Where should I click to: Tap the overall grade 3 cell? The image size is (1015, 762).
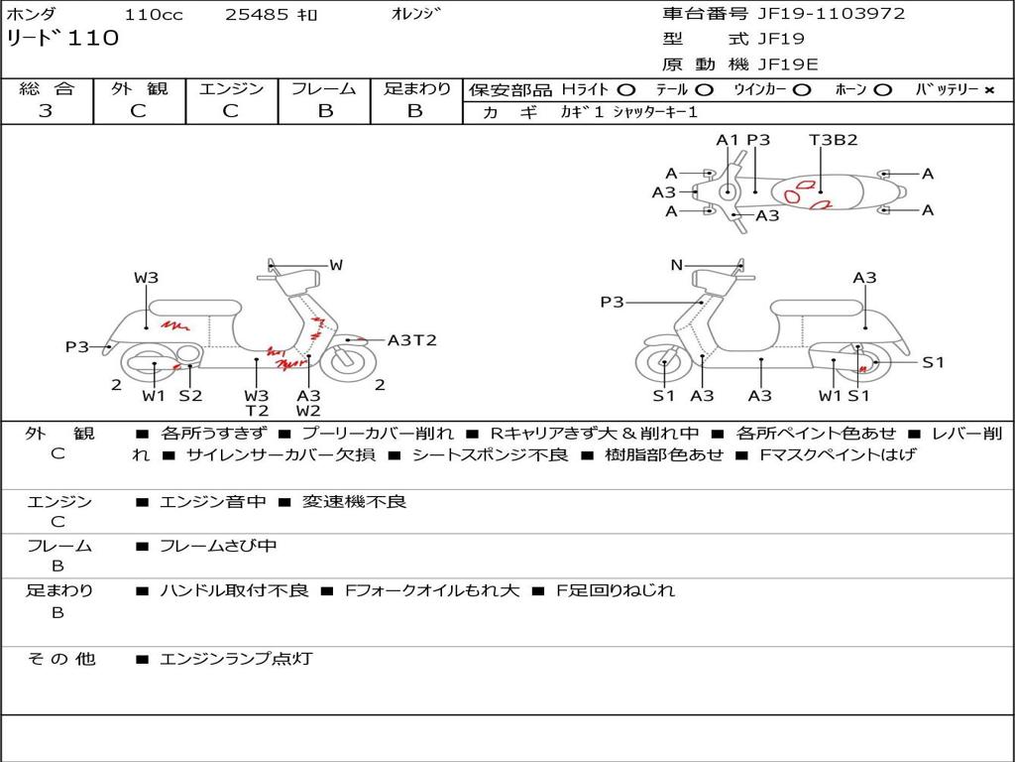46,111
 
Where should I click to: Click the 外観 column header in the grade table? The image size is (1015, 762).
139,88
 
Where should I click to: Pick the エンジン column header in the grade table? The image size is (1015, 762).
231,88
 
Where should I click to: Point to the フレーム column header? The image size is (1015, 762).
324,88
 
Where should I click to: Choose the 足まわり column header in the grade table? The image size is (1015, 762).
416,88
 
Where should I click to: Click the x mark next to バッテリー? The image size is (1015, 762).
988,90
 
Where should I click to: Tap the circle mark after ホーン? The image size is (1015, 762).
882,90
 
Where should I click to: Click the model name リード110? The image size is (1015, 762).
62,39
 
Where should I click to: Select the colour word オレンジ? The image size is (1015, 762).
417,14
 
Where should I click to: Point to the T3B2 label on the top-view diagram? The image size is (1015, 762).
834,140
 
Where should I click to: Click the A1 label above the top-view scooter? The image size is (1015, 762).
728,140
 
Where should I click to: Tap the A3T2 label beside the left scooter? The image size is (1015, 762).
411,340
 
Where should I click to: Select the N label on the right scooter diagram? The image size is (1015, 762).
677,265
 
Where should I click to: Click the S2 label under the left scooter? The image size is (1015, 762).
190,395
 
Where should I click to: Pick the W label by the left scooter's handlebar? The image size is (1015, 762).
336,265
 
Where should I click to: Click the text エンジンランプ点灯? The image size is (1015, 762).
236,659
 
